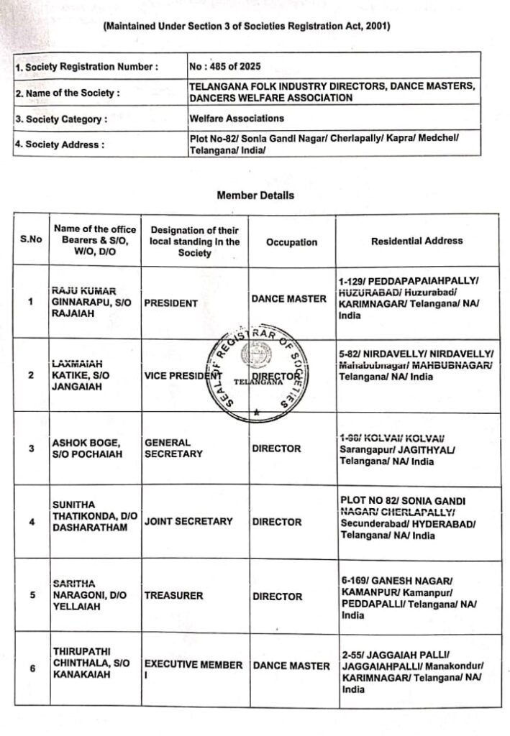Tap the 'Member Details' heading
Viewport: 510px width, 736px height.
point(255,195)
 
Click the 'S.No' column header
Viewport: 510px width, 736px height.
point(30,240)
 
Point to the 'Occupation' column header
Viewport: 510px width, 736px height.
point(291,242)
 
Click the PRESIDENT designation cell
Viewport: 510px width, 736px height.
point(170,303)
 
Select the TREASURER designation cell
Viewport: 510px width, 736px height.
point(173,596)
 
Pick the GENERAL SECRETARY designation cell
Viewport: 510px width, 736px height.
point(173,448)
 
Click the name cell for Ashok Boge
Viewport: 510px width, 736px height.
point(91,448)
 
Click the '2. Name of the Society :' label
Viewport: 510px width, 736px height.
point(68,93)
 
